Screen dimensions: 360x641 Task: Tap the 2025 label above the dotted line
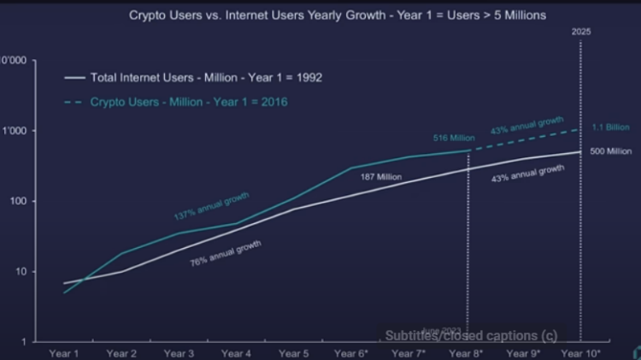[581, 32]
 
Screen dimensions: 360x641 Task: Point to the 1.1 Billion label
[610, 127]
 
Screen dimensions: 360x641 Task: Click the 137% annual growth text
[212, 205]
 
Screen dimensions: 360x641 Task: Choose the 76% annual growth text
[226, 254]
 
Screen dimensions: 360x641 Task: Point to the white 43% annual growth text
[528, 173]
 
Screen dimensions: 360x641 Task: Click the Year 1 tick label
[66, 351]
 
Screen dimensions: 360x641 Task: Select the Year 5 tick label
[292, 351]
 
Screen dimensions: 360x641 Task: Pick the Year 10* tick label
[581, 351]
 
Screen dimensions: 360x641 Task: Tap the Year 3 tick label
[179, 351]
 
